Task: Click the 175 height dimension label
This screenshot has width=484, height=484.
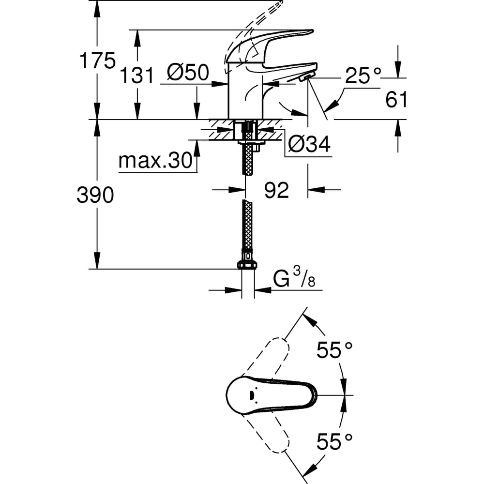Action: click(x=97, y=60)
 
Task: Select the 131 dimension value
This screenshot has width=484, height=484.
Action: click(x=137, y=75)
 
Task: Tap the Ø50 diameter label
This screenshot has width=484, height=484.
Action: click(x=188, y=73)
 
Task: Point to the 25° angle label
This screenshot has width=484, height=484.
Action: click(x=363, y=75)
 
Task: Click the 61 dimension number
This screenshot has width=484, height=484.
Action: click(x=396, y=99)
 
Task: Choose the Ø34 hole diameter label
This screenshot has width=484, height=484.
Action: click(x=309, y=144)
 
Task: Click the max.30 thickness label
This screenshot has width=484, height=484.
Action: click(x=155, y=160)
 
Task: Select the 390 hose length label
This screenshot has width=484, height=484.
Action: click(x=95, y=195)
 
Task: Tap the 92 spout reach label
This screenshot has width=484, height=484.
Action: click(x=276, y=190)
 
